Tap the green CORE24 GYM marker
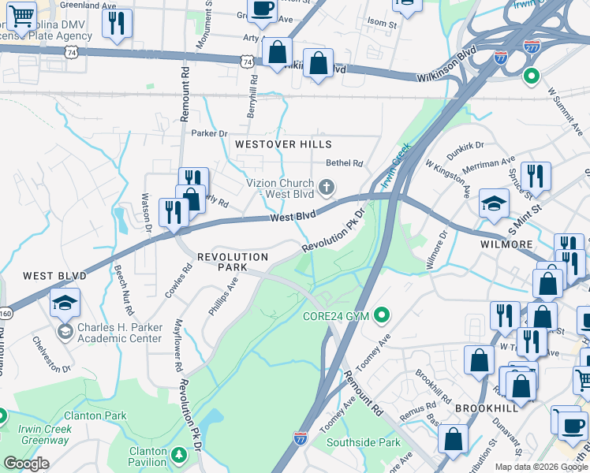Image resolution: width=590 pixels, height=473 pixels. coord(383,317)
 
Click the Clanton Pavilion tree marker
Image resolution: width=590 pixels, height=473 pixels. coord(179,456)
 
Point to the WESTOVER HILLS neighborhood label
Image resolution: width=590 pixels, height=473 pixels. coord(282,144)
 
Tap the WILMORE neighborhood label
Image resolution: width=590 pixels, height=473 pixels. coord(506,244)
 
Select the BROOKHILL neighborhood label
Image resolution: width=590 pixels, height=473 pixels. coord(486,407)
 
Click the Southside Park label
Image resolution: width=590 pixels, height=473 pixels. coord(364,442)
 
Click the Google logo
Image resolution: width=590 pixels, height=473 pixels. coord(26,464)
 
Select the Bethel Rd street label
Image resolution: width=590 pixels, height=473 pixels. coord(345,164)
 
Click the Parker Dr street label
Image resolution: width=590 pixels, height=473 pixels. coord(209,133)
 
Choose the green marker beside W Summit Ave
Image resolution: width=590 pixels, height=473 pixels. coord(531,76)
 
